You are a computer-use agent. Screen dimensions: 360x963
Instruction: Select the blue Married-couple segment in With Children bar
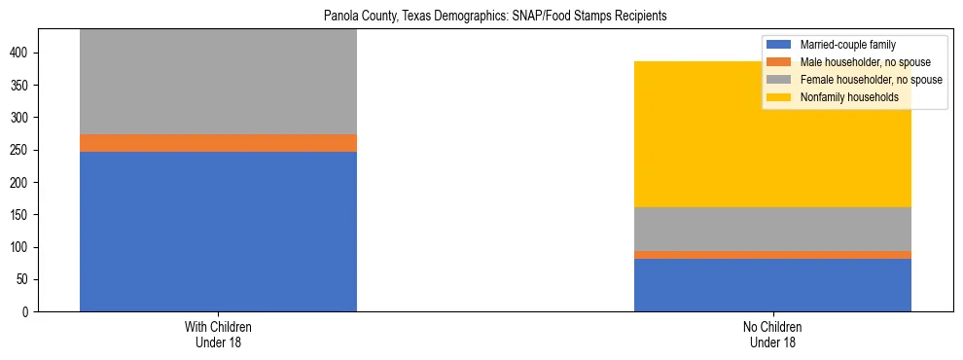[218, 232]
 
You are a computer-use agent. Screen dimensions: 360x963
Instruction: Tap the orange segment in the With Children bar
[218, 143]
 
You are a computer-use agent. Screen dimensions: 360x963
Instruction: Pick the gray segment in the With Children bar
[218, 83]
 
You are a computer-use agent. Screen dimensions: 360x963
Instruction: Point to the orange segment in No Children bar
[772, 255]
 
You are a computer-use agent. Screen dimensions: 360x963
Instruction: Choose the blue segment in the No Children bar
[772, 285]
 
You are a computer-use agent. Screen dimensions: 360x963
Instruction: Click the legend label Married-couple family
[847, 45]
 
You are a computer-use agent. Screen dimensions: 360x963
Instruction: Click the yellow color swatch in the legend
[780, 97]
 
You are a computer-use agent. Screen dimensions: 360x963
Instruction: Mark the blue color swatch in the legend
[780, 45]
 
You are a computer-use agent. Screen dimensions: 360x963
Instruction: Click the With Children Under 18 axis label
[218, 334]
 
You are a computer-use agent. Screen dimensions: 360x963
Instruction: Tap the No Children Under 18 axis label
[772, 334]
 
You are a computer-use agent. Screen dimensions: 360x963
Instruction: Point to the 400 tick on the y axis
[22, 54]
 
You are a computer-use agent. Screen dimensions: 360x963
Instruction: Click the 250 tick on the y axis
[22, 150]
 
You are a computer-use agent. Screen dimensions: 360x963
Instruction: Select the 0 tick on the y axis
[28, 311]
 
